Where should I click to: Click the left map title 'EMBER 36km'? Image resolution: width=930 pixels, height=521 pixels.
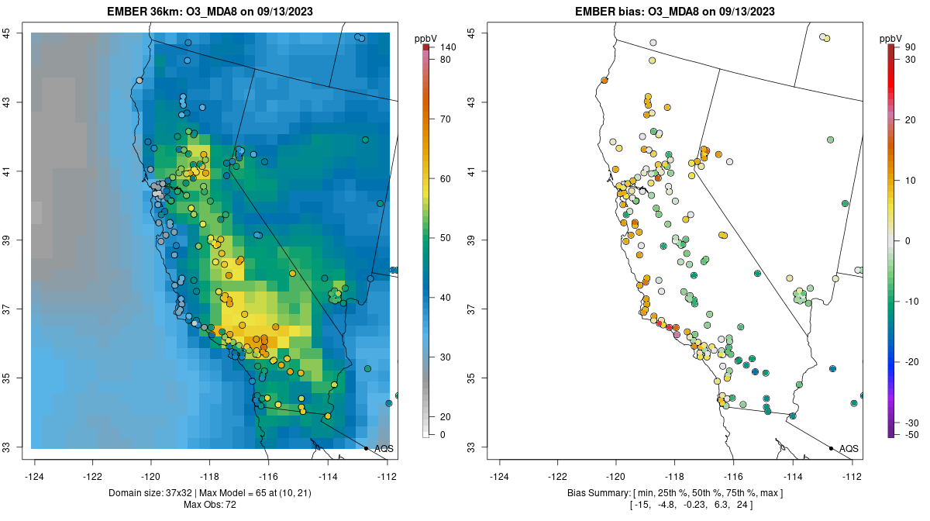pyautogui.click(x=146, y=12)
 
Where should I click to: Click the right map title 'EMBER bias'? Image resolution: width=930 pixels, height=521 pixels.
pyautogui.click(x=608, y=12)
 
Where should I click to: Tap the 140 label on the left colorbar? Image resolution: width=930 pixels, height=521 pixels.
pyautogui.click(x=447, y=47)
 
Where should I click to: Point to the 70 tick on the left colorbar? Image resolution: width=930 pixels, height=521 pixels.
pyautogui.click(x=446, y=119)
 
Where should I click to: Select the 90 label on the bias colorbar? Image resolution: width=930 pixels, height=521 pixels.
pyautogui.click(x=910, y=47)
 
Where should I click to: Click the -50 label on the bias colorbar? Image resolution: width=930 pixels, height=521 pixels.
pyautogui.click(x=911, y=434)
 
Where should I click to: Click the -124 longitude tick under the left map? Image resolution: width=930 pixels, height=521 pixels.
pyautogui.click(x=35, y=476)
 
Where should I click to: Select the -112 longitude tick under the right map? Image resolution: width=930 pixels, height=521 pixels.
pyautogui.click(x=852, y=476)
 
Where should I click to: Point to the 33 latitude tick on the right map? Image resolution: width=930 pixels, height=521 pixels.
pyautogui.click(x=471, y=447)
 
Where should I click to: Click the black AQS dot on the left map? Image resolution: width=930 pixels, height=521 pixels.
pyautogui.click(x=366, y=448)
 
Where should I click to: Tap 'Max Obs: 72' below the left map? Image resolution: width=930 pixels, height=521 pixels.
pyautogui.click(x=211, y=505)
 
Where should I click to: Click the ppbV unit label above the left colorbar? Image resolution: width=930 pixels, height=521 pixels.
pyautogui.click(x=426, y=38)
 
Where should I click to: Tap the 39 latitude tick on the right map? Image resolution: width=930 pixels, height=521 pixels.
pyautogui.click(x=471, y=240)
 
